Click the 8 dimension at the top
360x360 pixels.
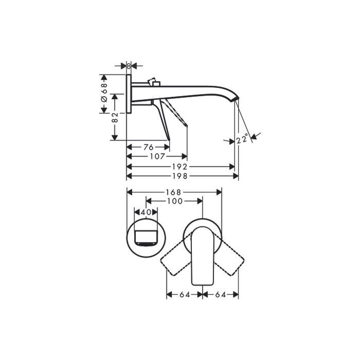pyautogui.click(x=129, y=66)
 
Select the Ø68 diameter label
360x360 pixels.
pyautogui.click(x=104, y=92)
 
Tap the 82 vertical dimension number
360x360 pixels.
pyautogui.click(x=115, y=117)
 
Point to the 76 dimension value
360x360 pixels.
pyautogui.click(x=148, y=147)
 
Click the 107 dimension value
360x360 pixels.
pyautogui.click(x=157, y=156)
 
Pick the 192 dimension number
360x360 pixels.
pyautogui.click(x=180, y=167)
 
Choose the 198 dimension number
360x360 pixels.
pyautogui.click(x=180, y=176)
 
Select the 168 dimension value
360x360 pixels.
pyautogui.click(x=174, y=192)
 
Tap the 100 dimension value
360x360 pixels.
pyautogui.click(x=175, y=201)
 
